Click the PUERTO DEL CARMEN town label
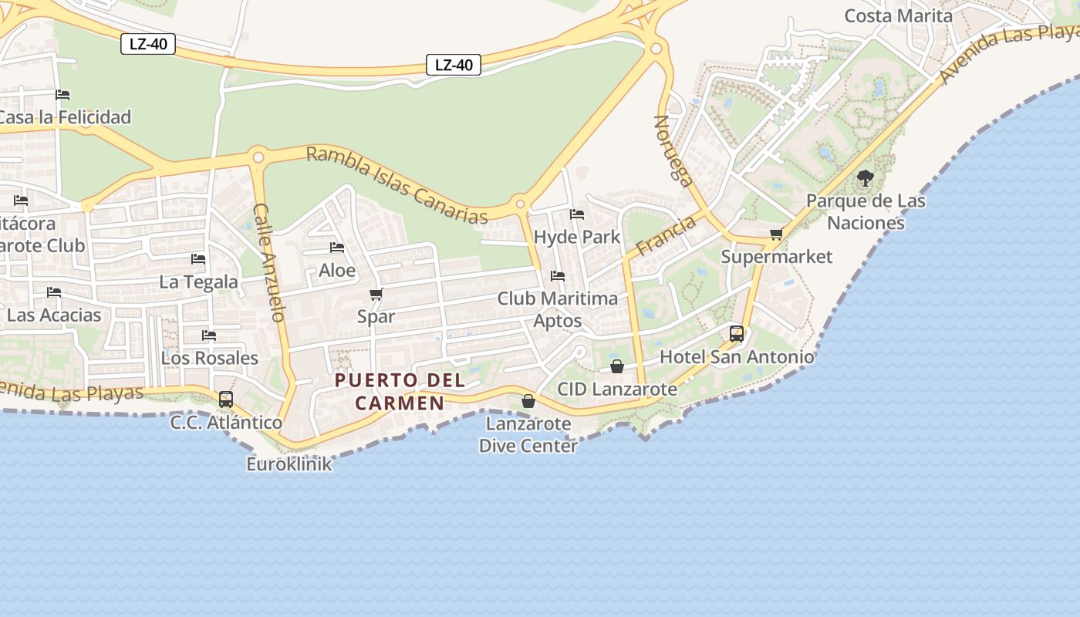click(400, 391)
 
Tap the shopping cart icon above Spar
click(376, 294)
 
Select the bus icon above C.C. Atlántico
click(226, 400)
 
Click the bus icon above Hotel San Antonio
click(737, 334)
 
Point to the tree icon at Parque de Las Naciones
click(866, 178)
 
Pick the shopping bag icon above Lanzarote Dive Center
click(528, 401)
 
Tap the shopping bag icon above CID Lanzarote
click(617, 366)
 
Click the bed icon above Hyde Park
click(577, 214)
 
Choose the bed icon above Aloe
click(337, 248)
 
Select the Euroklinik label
click(289, 464)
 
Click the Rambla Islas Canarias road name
click(397, 184)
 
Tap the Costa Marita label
click(899, 15)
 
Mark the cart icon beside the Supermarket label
click(777, 234)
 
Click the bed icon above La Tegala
click(198, 259)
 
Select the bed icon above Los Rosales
click(209, 335)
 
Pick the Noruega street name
click(673, 151)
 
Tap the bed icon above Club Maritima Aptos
click(558, 276)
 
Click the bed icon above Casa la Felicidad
click(62, 95)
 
